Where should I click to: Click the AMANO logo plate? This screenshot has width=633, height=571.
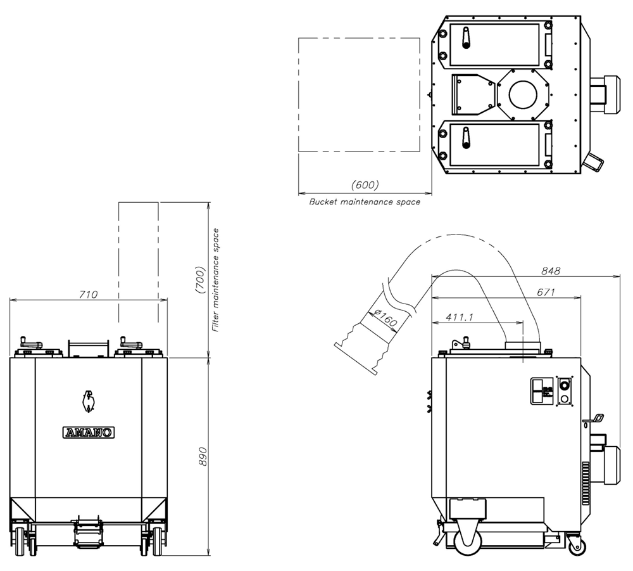coord(89,432)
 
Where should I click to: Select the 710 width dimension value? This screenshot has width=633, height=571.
coord(88,294)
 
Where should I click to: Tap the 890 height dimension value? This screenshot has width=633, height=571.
coord(203,456)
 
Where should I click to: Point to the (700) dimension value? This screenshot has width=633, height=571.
coord(200,279)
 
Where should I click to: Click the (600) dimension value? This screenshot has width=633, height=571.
coord(365,184)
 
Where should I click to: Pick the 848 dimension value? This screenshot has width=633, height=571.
coord(551,271)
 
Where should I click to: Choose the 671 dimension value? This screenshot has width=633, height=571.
coord(546,292)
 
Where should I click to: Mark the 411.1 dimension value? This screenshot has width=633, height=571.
coord(459,318)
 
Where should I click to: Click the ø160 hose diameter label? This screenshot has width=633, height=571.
coord(385,318)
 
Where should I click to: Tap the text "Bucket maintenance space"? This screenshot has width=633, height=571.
coord(365,202)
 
